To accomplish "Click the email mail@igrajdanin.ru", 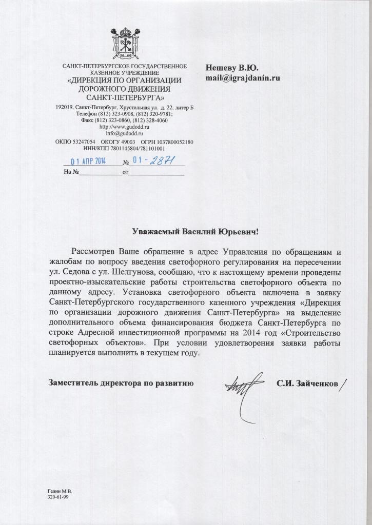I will coord(243,79).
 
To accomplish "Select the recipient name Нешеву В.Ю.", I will coord(232,68).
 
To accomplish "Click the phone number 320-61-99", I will coord(58,497).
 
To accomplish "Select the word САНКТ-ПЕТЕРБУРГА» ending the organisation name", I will coord(124,97).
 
